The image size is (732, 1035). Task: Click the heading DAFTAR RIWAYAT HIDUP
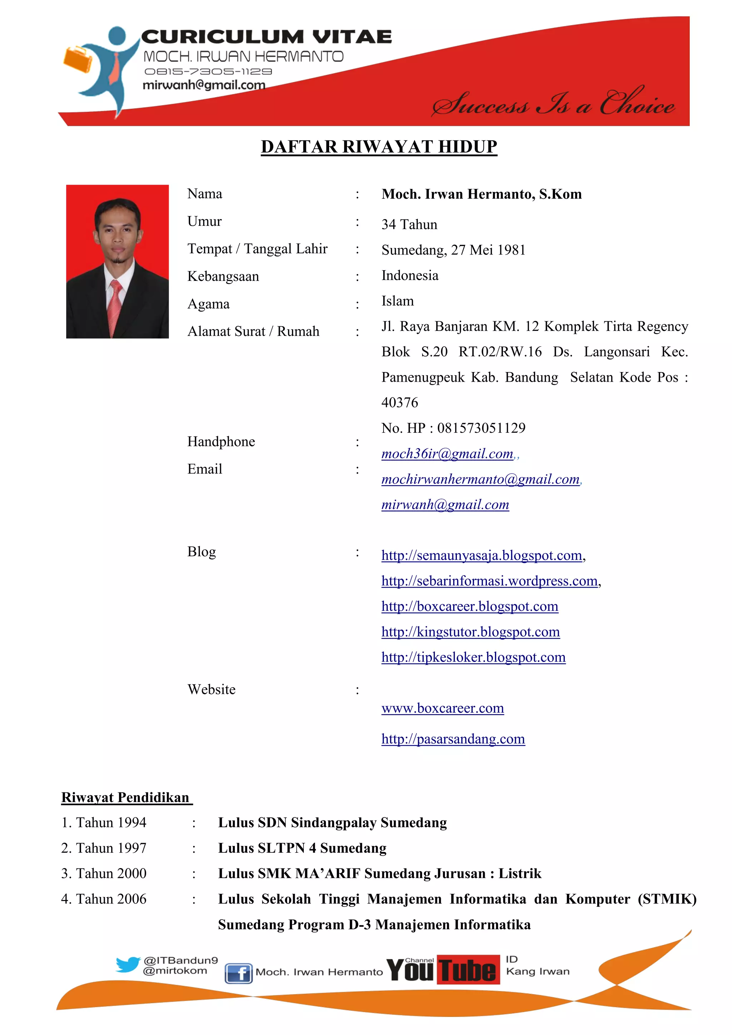[x=379, y=147]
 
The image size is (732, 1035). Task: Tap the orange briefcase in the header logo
[x=78, y=59]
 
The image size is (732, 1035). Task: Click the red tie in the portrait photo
[x=115, y=307]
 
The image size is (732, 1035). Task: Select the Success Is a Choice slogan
[x=553, y=103]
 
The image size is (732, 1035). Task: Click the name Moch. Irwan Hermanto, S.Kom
[x=481, y=194]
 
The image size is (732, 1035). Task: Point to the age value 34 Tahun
[x=409, y=224]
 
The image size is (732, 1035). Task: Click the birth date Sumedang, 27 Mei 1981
[x=453, y=250]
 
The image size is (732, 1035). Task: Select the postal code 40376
[x=399, y=402]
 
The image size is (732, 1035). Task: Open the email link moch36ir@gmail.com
[x=447, y=454]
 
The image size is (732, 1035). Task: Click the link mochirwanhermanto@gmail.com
[x=480, y=479]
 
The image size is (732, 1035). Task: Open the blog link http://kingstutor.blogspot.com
[x=470, y=632]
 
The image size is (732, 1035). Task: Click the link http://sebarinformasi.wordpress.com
[x=489, y=581]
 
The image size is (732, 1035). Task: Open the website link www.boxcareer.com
[x=442, y=708]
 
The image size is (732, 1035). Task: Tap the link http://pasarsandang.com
[x=452, y=739]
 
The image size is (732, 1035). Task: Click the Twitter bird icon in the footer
[x=128, y=965]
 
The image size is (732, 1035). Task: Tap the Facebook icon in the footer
[x=238, y=973]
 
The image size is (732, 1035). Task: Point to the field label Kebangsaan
[x=223, y=276]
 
